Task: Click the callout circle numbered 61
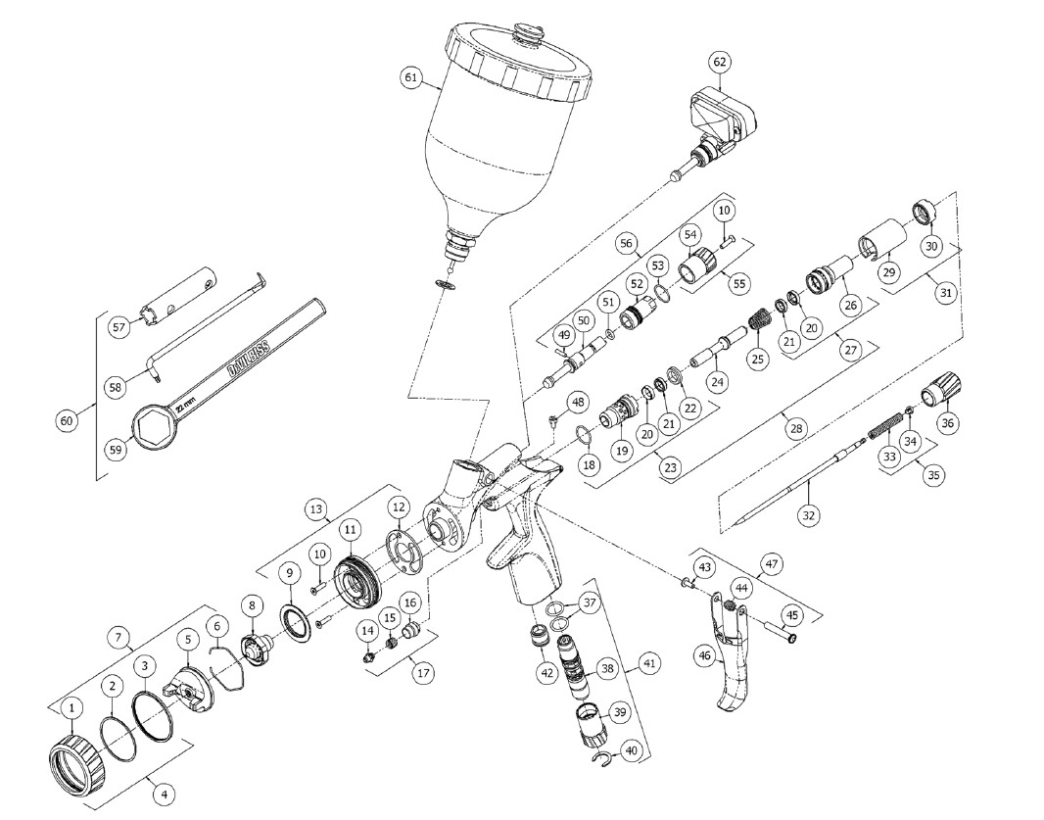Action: (x=410, y=75)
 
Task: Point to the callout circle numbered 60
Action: (x=67, y=420)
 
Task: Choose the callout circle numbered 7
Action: (x=121, y=637)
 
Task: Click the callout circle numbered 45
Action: (x=789, y=615)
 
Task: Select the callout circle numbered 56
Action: (x=627, y=243)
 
